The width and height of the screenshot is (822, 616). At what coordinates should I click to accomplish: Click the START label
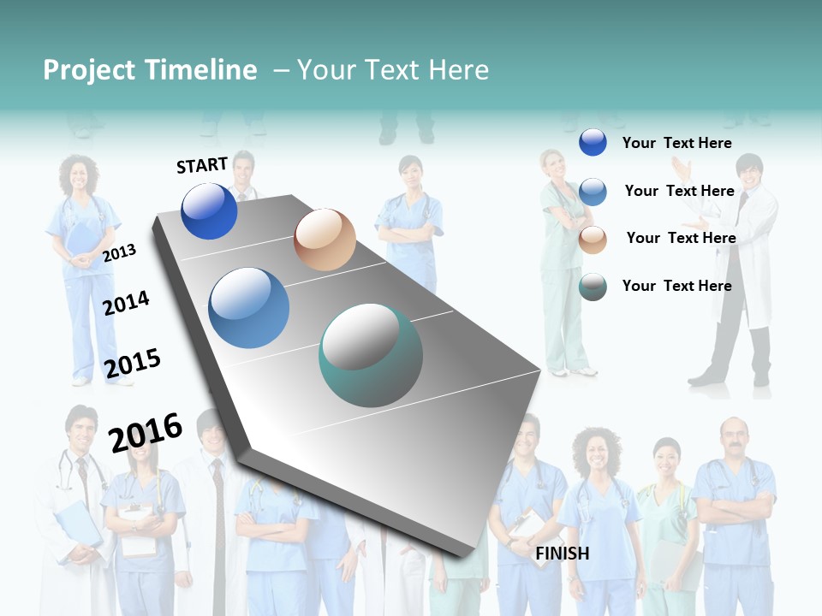pyautogui.click(x=202, y=165)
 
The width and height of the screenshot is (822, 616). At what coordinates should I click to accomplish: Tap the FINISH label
pyautogui.click(x=562, y=554)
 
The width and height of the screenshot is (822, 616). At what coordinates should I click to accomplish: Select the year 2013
pyautogui.click(x=119, y=253)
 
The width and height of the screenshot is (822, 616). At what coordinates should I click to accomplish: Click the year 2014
pyautogui.click(x=126, y=303)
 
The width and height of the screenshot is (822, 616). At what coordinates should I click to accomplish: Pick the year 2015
pyautogui.click(x=132, y=363)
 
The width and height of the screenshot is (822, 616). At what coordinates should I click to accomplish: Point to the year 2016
pyautogui.click(x=146, y=432)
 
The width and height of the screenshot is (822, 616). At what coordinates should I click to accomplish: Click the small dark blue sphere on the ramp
pyautogui.click(x=209, y=211)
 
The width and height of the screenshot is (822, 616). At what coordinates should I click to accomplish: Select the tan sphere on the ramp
pyautogui.click(x=325, y=240)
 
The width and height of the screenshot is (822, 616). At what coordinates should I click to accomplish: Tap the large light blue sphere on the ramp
pyautogui.click(x=249, y=308)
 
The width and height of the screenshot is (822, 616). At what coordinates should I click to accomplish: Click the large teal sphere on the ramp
pyautogui.click(x=371, y=355)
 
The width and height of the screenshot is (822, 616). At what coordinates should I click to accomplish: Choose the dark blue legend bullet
pyautogui.click(x=593, y=142)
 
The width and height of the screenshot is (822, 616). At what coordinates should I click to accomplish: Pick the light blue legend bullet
pyautogui.click(x=593, y=192)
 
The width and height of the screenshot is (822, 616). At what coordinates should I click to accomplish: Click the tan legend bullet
pyautogui.click(x=593, y=240)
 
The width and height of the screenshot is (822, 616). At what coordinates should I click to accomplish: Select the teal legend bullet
pyautogui.click(x=593, y=287)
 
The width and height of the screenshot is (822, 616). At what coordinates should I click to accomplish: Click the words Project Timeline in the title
pyautogui.click(x=150, y=70)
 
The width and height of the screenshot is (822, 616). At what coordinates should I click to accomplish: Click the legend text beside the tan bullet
pyautogui.click(x=681, y=238)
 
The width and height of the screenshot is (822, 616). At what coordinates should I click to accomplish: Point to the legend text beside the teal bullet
pyautogui.click(x=676, y=286)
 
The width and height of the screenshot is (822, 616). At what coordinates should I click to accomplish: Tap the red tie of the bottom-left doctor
pyautogui.click(x=82, y=471)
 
